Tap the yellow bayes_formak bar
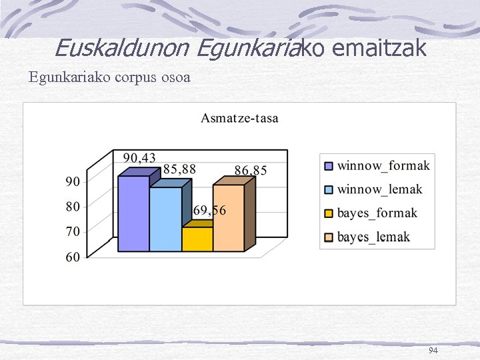(x=197, y=239)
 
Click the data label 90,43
(x=139, y=158)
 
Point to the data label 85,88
(x=179, y=169)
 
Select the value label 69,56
(x=209, y=211)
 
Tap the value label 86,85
(x=250, y=171)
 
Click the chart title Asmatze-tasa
(x=240, y=119)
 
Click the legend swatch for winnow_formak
(x=329, y=166)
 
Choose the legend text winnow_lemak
(x=379, y=189)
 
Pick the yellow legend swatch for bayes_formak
(x=329, y=213)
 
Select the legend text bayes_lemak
(x=373, y=237)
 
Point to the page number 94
(x=433, y=350)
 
